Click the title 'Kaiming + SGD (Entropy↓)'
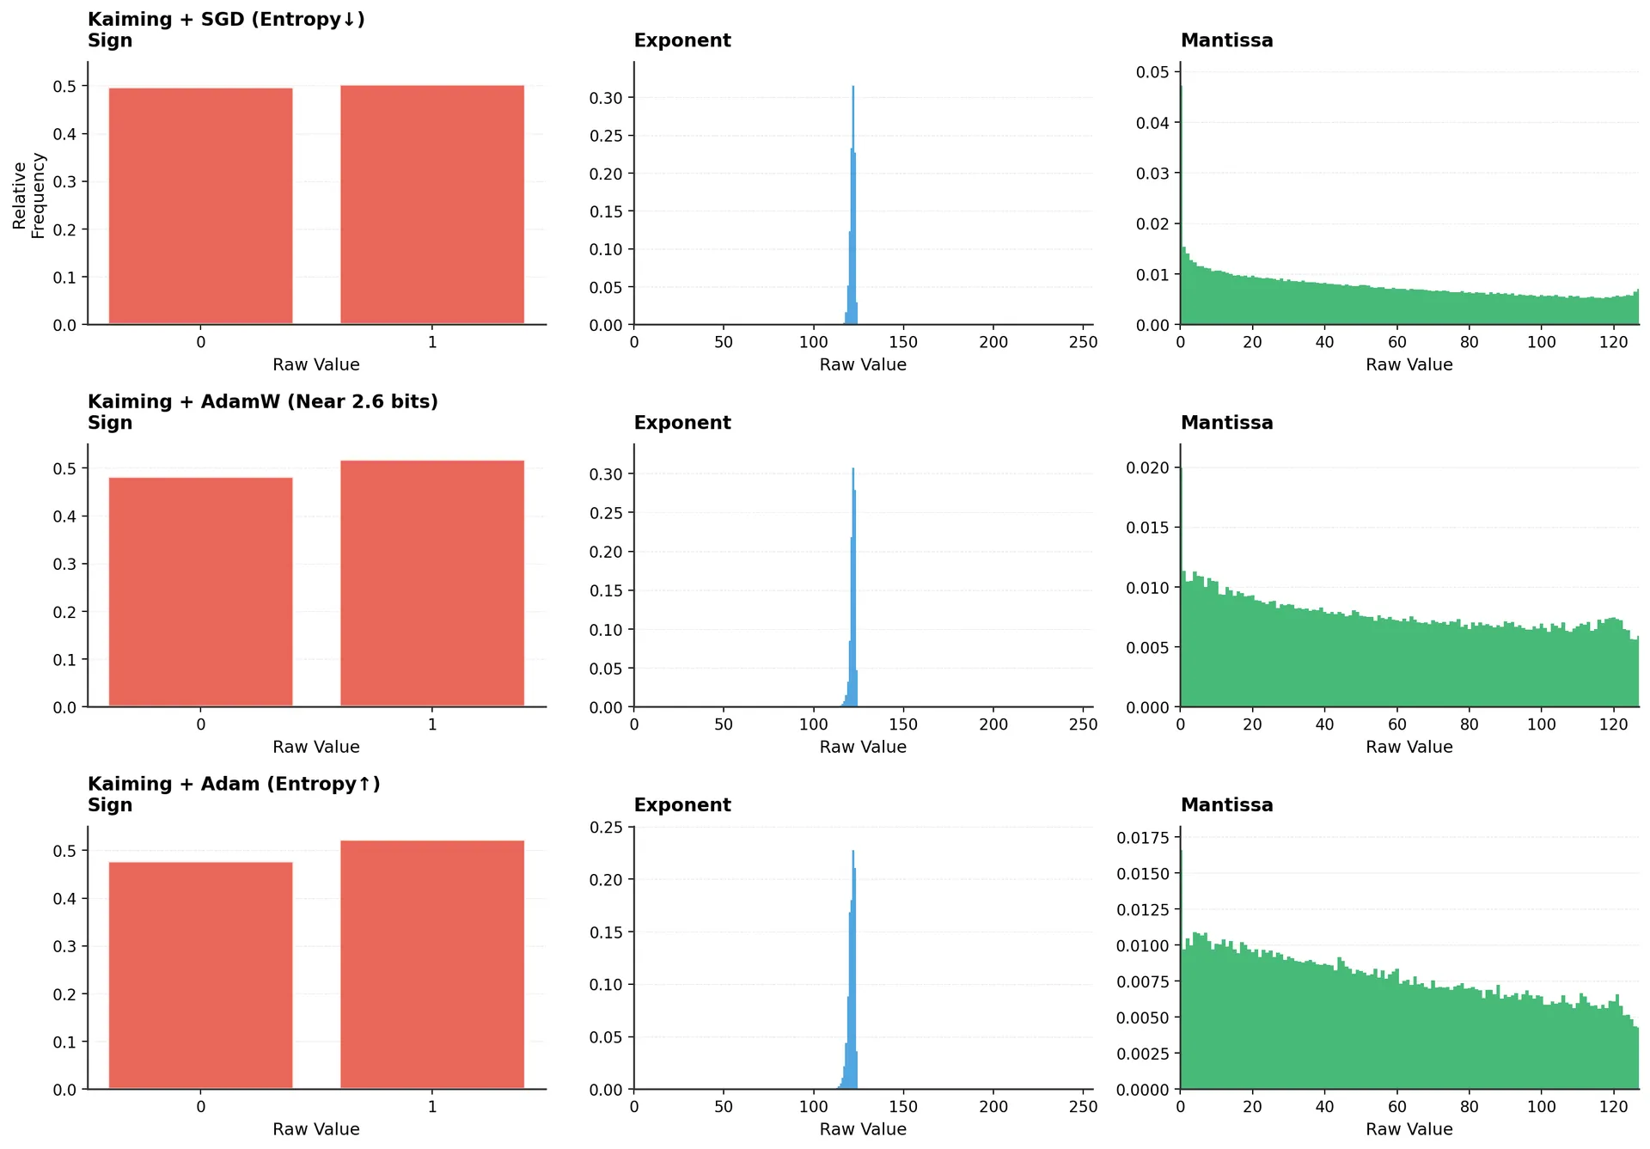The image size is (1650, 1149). (x=226, y=19)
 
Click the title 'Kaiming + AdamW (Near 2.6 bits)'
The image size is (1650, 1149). (x=262, y=401)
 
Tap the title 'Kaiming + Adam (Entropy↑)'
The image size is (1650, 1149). (x=234, y=784)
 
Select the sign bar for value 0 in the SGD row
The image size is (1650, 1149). (x=200, y=206)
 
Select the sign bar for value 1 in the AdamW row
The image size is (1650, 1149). (x=432, y=584)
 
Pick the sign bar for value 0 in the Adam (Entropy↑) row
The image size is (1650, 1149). (x=200, y=975)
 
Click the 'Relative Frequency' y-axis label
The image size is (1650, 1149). (x=28, y=196)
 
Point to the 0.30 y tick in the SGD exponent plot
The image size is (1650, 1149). (x=605, y=98)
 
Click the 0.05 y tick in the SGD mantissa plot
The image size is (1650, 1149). (x=1152, y=72)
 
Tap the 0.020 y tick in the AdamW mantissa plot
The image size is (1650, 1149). (x=1147, y=468)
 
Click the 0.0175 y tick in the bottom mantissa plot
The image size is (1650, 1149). (x=1143, y=838)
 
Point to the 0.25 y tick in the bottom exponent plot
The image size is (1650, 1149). (x=605, y=828)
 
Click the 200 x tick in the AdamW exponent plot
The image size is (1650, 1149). (x=993, y=724)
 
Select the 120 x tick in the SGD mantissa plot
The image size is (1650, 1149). (x=1613, y=342)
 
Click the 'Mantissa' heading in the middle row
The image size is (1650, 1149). (x=1226, y=423)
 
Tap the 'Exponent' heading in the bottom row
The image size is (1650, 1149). (x=682, y=805)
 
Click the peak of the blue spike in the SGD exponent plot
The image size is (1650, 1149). (x=852, y=88)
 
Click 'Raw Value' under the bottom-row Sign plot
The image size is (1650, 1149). (x=315, y=1129)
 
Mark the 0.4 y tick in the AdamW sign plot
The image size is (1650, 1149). (x=64, y=516)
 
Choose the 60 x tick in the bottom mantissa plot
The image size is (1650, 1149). (x=1396, y=1107)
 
